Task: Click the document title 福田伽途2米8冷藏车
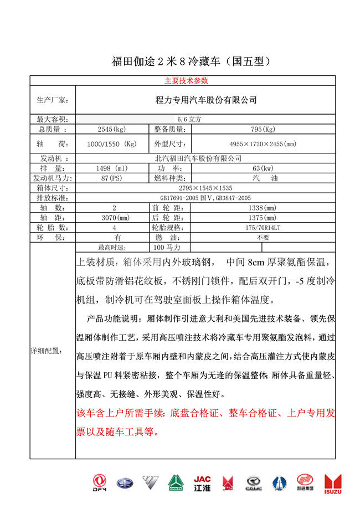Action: point(191,61)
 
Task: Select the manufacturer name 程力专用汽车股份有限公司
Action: point(207,100)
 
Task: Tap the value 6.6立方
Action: point(189,119)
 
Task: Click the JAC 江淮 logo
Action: point(202,484)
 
